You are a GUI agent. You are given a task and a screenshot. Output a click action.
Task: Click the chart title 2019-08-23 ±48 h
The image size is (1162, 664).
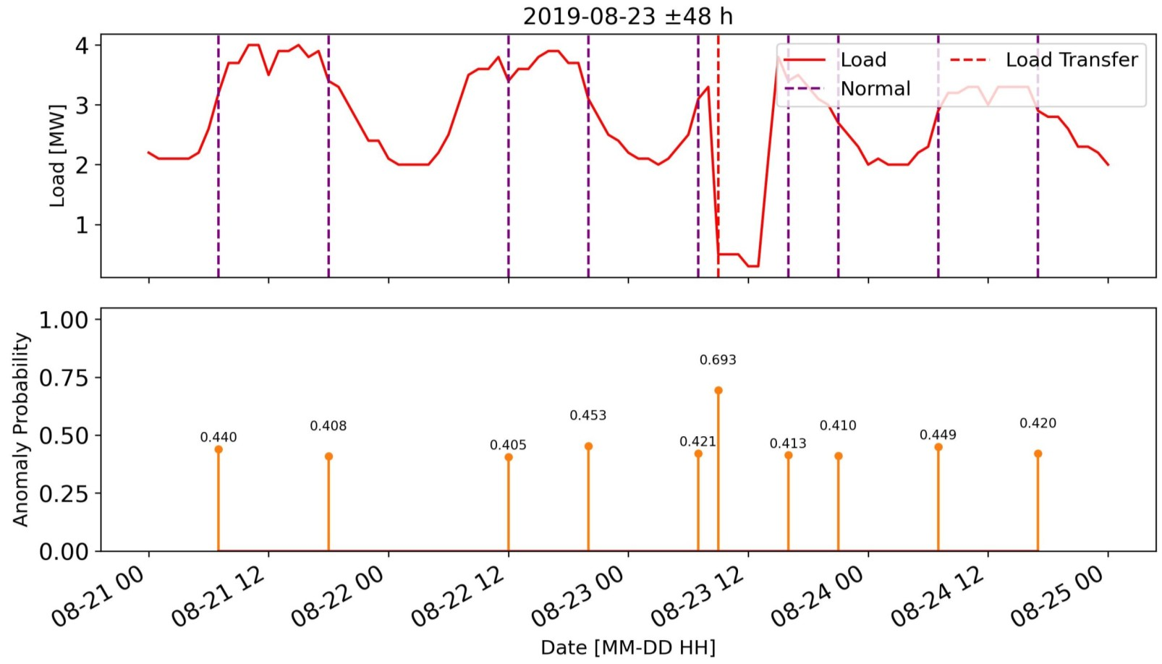pos(627,16)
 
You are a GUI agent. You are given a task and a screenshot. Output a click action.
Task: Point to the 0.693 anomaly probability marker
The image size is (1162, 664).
pos(718,391)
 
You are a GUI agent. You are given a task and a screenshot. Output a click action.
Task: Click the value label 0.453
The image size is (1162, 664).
pos(588,415)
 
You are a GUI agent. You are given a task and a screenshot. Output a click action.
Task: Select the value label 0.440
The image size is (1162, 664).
pos(219,437)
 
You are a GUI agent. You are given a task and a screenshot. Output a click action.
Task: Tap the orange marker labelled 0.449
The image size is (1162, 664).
pos(938,447)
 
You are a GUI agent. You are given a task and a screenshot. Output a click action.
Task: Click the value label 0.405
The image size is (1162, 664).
pos(508,445)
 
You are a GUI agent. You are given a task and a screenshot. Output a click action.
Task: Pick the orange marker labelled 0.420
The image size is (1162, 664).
pos(1038,454)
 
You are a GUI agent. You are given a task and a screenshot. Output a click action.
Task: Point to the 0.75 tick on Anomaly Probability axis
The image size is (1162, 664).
pos(63,378)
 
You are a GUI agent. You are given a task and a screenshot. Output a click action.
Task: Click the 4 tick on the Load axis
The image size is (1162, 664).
pos(82,46)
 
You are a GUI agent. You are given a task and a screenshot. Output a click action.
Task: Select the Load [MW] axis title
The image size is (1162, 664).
pos(57,156)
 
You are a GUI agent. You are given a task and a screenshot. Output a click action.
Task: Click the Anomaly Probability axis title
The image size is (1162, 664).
pos(20,430)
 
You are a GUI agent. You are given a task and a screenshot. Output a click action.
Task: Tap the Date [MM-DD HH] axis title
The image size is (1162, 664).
pos(627,647)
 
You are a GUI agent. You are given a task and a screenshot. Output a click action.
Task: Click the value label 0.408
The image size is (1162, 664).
pos(328,426)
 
